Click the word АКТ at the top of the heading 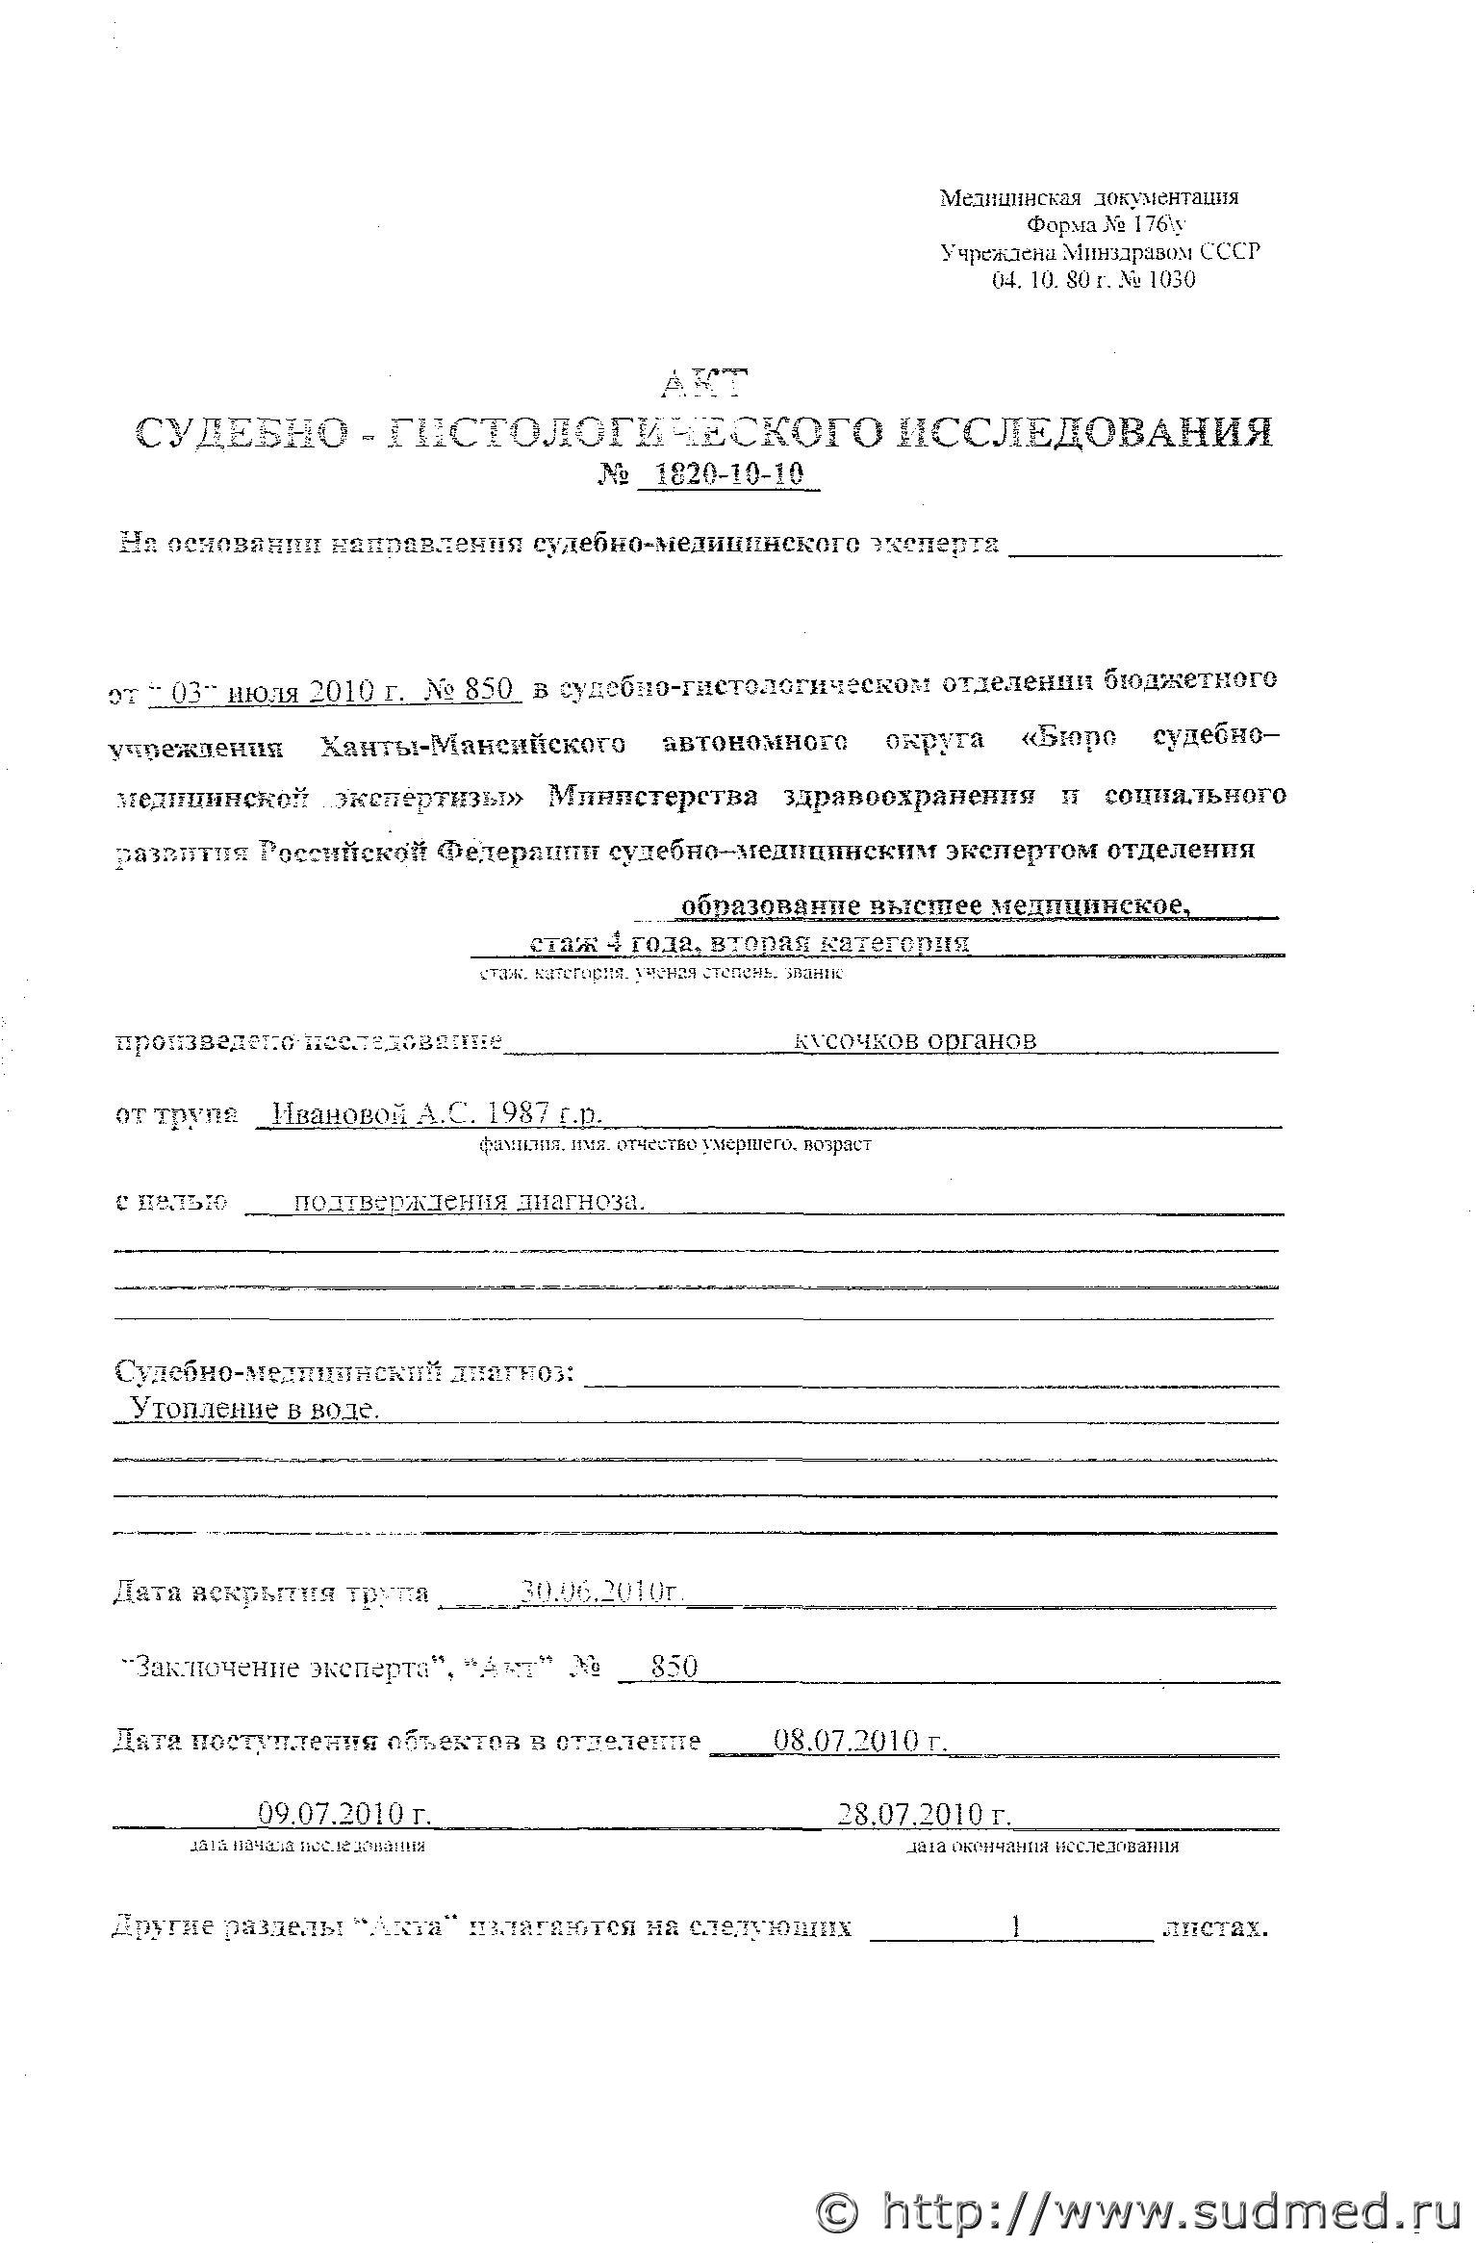pos(704,384)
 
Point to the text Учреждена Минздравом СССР pos(1100,252)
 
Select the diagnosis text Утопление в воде pos(254,1410)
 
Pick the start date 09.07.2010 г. pos(343,1814)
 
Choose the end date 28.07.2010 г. pos(923,1814)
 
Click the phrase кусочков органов pos(915,1040)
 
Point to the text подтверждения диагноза pos(468,1201)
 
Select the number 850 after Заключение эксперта pos(674,1667)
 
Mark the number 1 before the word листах pos(1015,1925)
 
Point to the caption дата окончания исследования pos(1043,1846)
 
